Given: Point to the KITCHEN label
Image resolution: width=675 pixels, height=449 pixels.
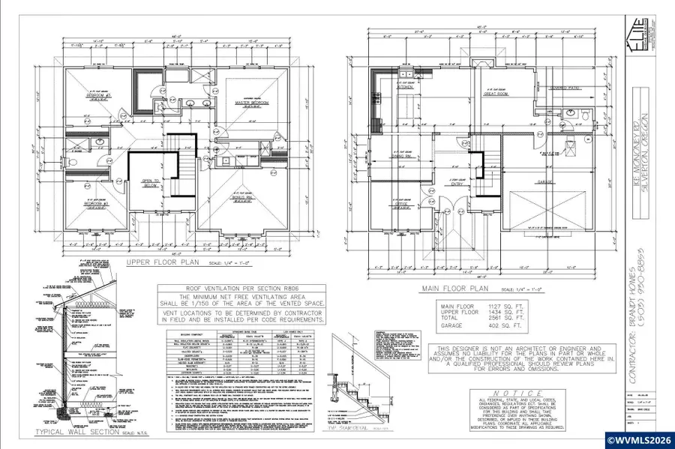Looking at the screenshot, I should pos(406,87).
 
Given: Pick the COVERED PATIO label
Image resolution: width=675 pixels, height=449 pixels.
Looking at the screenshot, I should pos(563,88).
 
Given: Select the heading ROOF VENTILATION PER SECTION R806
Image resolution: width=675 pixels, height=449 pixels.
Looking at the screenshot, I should pos(241,289).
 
